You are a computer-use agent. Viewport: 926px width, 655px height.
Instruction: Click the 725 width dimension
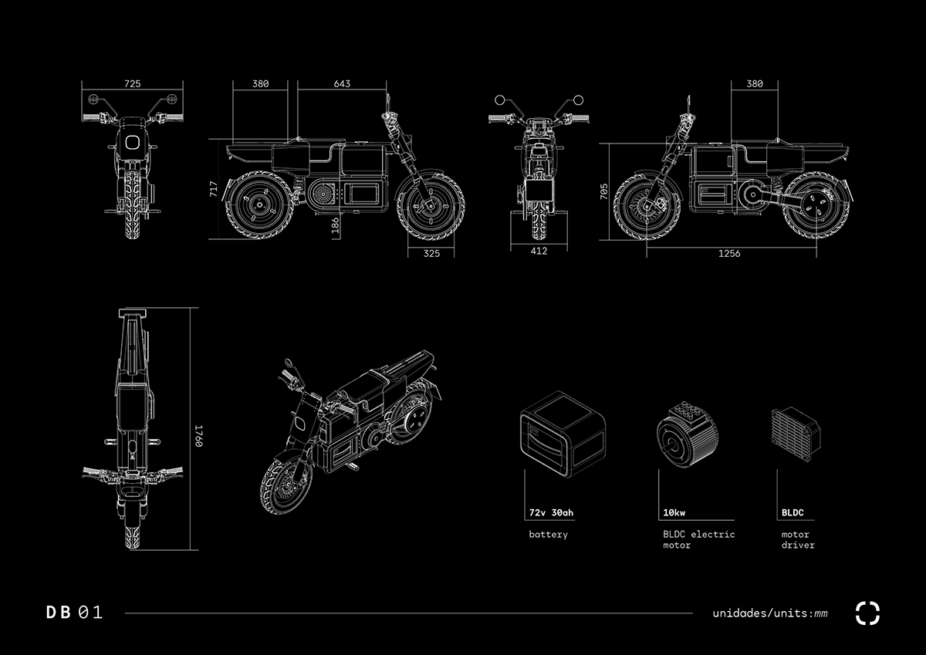132,83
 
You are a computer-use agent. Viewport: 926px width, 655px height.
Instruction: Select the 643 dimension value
342,83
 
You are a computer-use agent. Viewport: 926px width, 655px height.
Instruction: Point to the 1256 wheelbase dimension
728,253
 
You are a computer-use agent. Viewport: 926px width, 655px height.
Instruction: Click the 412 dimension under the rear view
539,252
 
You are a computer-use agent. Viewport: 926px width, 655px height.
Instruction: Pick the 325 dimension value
431,253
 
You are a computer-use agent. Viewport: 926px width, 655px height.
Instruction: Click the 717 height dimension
214,190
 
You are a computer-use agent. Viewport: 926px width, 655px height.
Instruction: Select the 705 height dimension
604,191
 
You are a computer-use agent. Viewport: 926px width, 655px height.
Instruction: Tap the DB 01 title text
74,613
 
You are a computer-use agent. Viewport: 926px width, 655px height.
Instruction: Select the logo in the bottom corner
867,613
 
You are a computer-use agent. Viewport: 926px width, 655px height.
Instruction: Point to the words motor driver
798,539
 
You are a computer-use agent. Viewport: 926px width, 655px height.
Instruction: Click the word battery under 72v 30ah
548,535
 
